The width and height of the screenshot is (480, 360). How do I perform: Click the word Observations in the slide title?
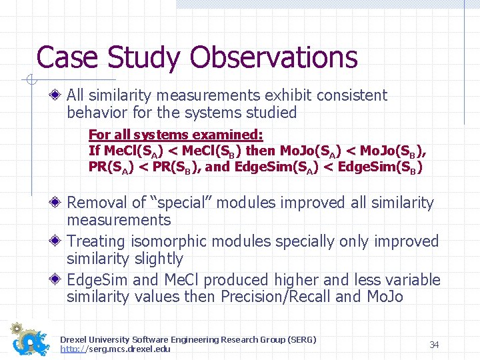click(274, 58)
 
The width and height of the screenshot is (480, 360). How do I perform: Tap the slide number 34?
click(434, 345)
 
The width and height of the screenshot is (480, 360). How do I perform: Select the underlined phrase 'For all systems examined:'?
click(175, 134)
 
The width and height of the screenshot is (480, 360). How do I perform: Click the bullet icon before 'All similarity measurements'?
click(59, 96)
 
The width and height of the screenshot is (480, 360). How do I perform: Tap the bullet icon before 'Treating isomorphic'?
click(59, 241)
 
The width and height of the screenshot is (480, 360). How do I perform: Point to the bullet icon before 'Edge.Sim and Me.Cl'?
click(59, 280)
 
